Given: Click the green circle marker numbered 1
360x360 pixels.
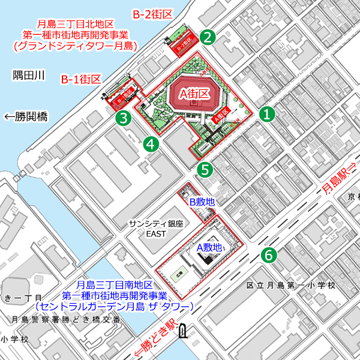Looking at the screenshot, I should tap(267, 113).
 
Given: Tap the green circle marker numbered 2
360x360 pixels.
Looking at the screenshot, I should tap(208, 37).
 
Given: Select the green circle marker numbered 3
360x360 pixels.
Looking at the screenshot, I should tap(124, 118).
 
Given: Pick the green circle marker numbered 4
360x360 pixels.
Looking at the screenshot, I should tap(151, 143).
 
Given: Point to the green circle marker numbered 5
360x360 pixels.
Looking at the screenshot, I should tap(205, 170).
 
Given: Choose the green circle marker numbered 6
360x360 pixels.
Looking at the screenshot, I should tap(268, 255).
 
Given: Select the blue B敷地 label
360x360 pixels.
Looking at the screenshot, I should tap(202, 202).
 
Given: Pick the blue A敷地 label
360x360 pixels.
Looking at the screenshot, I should tap(209, 247).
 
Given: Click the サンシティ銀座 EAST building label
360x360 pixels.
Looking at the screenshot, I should tap(155, 227).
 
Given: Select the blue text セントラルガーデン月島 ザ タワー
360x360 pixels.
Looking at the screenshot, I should tap(114, 306).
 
